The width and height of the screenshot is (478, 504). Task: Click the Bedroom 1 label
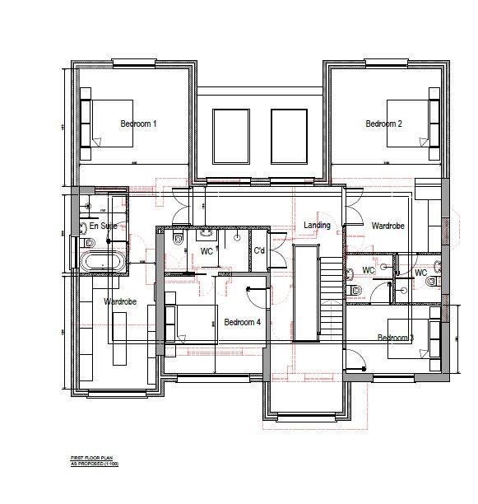tap(138, 124)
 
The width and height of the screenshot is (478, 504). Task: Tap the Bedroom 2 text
tap(383, 124)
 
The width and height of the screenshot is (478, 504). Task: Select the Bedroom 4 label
tap(242, 322)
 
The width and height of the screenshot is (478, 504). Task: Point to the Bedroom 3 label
tap(395, 338)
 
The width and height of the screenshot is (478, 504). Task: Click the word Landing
tap(317, 225)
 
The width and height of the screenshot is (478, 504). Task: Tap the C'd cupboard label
tap(258, 250)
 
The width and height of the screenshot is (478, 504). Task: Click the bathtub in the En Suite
tap(103, 263)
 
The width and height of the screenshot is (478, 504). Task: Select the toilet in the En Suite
tap(90, 241)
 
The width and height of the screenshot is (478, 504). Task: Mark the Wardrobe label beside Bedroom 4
tap(119, 302)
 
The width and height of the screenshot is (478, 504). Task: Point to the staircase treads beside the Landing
tap(332, 305)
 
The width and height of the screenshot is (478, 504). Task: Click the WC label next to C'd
tap(207, 251)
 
